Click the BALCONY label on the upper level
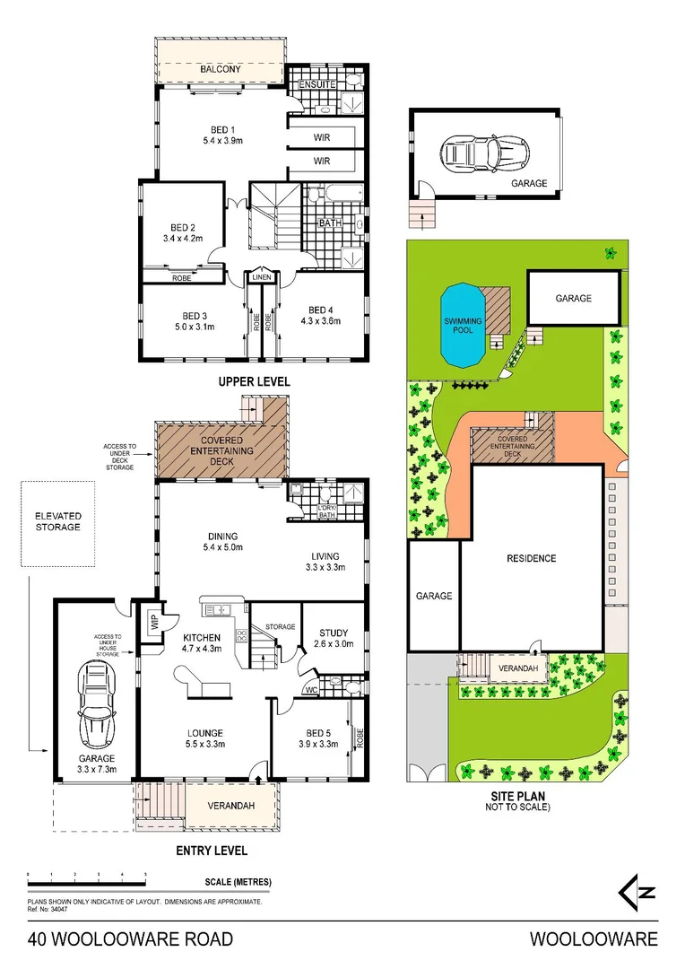tap(220, 69)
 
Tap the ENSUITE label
tap(317, 84)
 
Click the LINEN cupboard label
tap(261, 277)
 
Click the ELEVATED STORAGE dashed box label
tap(58, 521)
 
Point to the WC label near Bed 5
tap(309, 690)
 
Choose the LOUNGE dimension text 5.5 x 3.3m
tap(205, 744)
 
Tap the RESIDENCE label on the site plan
tap(532, 558)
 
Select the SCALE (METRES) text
tap(238, 882)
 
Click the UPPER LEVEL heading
tap(255, 381)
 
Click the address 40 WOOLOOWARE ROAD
tap(130, 939)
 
